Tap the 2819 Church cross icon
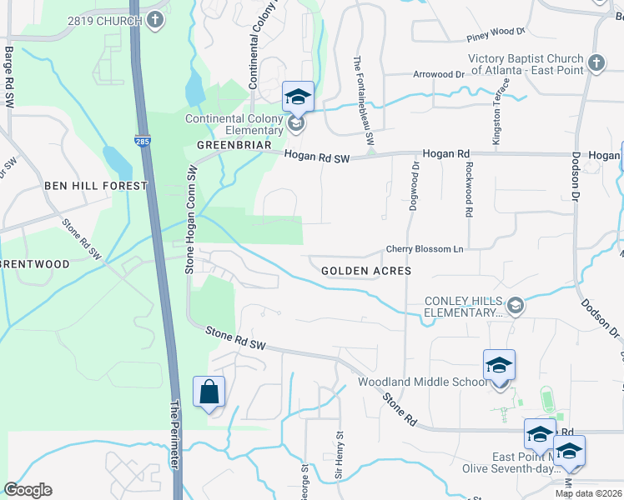point(154,20)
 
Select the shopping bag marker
point(209,392)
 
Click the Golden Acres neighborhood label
point(366,271)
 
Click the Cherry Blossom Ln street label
point(424,249)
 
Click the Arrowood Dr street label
point(438,74)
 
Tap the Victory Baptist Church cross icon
point(596,63)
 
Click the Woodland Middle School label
point(422,382)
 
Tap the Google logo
point(28,490)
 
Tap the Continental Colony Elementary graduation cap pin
point(298,97)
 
